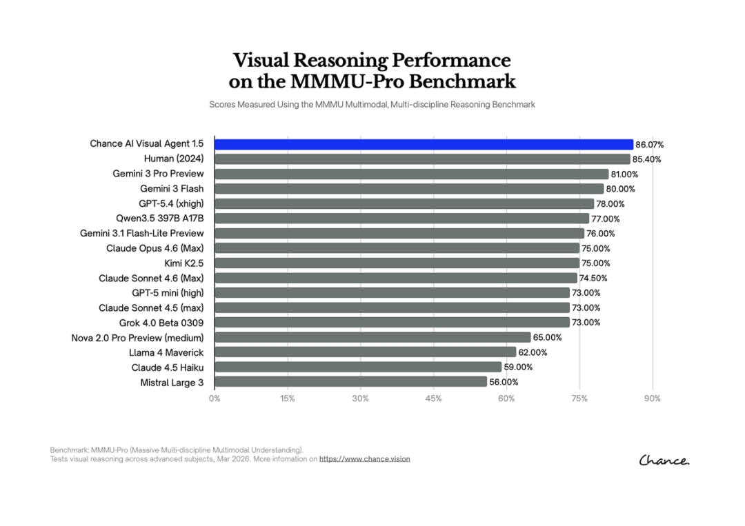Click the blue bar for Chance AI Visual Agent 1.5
[x=424, y=144]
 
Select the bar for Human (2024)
[x=422, y=159]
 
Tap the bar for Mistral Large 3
[x=350, y=382]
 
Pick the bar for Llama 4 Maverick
[x=365, y=352]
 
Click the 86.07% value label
[x=650, y=145]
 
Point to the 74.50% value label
[x=594, y=279]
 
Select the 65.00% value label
[x=548, y=338]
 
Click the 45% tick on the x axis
[x=433, y=398]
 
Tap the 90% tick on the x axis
[x=652, y=398]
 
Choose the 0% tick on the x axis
[x=215, y=398]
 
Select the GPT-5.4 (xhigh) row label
[x=171, y=203]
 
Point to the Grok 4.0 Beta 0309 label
[x=161, y=323]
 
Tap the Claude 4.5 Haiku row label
[x=167, y=367]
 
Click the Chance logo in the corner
[x=664, y=461]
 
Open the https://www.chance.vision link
[x=364, y=458]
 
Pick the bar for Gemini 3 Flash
[x=409, y=189]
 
